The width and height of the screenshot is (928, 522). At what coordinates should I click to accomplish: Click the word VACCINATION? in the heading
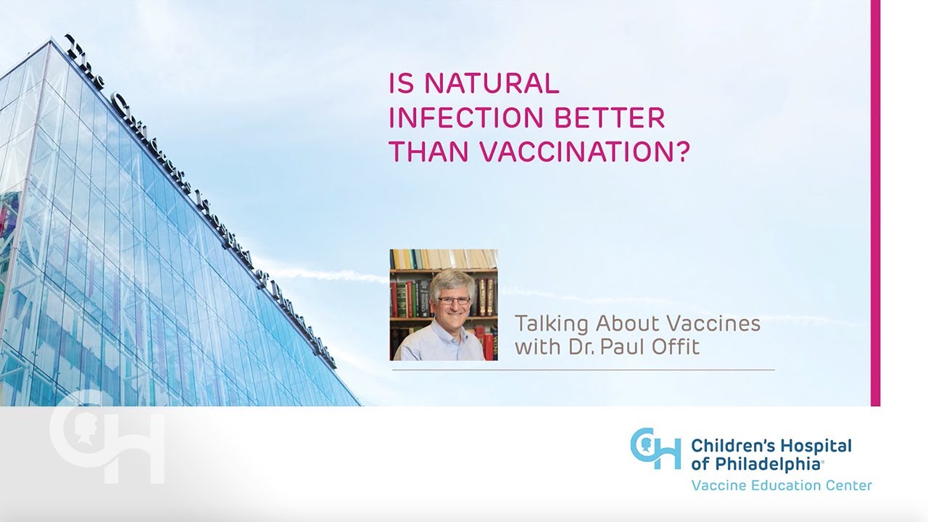[576, 152]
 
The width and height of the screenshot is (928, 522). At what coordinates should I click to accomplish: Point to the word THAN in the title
[421, 152]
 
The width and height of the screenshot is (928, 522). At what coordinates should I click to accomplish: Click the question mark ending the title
[679, 152]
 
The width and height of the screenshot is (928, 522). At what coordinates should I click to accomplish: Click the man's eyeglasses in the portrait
[453, 300]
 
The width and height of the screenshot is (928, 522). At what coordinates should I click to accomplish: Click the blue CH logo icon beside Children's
[655, 449]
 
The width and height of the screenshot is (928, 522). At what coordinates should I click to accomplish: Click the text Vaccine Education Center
[782, 485]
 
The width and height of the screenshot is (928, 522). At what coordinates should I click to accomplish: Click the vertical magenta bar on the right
[875, 203]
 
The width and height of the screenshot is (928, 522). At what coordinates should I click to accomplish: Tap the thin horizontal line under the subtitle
[583, 370]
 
